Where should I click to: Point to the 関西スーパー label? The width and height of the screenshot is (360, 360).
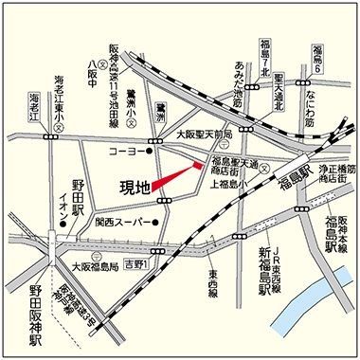coord(117,225)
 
